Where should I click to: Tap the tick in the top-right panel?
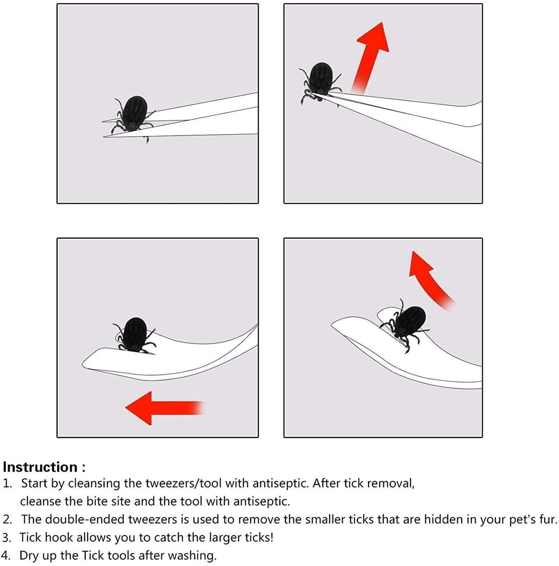[x=320, y=82]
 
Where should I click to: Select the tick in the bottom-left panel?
[x=135, y=335]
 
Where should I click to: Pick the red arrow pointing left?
[x=165, y=408]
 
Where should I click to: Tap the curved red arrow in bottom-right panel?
[x=430, y=281]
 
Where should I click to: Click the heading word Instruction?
[x=40, y=467]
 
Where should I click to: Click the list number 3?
[x=6, y=537]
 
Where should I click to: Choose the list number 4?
[x=6, y=555]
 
